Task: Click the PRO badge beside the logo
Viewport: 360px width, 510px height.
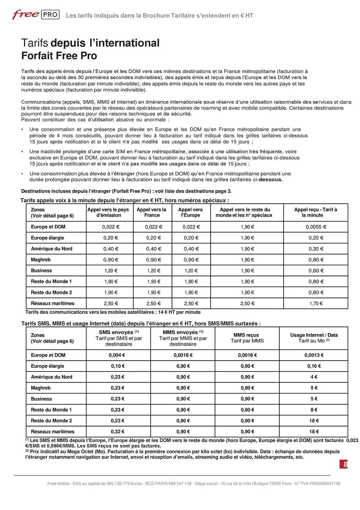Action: (x=50, y=15)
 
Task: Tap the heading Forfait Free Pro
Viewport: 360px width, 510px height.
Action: (x=59, y=56)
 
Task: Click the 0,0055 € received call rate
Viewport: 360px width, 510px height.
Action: (x=316, y=227)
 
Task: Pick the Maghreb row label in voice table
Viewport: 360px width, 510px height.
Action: (x=41, y=260)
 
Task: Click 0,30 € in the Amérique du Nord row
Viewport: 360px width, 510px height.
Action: (x=316, y=249)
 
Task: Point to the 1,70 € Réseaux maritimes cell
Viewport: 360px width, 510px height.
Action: (x=316, y=303)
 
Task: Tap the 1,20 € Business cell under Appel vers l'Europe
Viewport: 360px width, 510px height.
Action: (x=191, y=271)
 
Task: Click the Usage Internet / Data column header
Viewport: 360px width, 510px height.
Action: (x=314, y=338)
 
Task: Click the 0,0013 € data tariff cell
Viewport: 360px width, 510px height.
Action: (x=314, y=355)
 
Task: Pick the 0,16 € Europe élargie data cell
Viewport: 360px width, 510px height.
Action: (x=314, y=366)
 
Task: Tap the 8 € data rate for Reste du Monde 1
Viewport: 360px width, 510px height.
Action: (x=314, y=410)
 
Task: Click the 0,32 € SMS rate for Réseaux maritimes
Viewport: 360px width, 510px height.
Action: (x=117, y=432)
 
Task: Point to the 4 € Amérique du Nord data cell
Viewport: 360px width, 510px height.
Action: (x=314, y=377)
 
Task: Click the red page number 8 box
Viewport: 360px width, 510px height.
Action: (x=344, y=464)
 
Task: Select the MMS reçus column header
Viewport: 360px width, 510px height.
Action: (x=247, y=338)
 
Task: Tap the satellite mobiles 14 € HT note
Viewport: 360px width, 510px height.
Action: (x=113, y=312)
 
